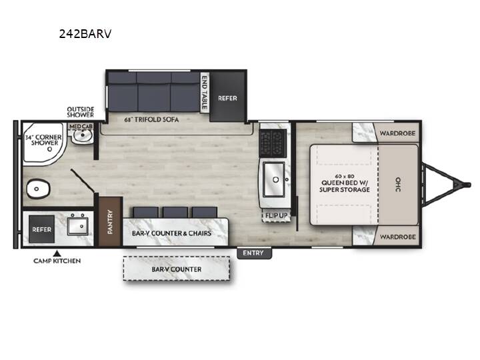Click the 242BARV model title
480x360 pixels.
(x=85, y=34)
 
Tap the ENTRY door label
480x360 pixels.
(x=253, y=253)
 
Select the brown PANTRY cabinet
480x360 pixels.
(x=110, y=221)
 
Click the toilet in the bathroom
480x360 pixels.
(x=38, y=189)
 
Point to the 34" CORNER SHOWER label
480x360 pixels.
(x=44, y=140)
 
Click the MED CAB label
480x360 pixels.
(x=81, y=126)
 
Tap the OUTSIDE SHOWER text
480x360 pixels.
(x=81, y=112)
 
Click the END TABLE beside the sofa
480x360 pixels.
(x=204, y=93)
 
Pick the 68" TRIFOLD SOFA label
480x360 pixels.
(x=151, y=119)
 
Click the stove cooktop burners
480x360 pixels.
(x=273, y=143)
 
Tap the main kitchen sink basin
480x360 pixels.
(x=274, y=180)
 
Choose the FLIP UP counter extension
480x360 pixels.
(x=276, y=216)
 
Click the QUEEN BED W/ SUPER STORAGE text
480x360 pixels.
(x=345, y=183)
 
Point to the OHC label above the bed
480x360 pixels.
(x=398, y=184)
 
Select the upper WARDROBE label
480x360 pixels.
(x=397, y=133)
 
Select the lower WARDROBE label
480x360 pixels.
(x=397, y=237)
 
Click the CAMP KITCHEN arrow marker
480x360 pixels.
(x=57, y=253)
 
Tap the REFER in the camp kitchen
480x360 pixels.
(x=42, y=229)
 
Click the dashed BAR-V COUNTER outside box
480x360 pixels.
(x=177, y=269)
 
